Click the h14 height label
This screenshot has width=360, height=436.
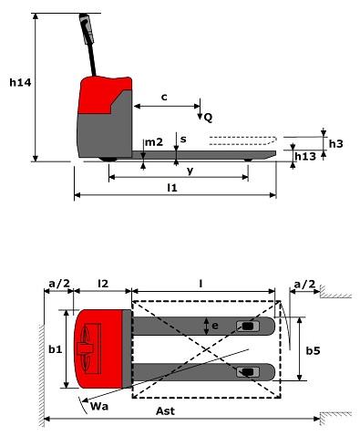click(x=20, y=82)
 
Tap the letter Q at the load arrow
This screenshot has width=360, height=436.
click(x=208, y=118)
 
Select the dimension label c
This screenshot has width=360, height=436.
click(x=164, y=98)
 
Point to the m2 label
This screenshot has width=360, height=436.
click(x=154, y=142)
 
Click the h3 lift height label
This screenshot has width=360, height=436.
click(x=335, y=143)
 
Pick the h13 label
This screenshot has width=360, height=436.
click(x=305, y=156)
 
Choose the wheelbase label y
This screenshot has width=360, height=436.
click(x=190, y=171)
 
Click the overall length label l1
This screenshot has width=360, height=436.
click(x=172, y=188)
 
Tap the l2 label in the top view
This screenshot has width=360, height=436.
click(x=103, y=284)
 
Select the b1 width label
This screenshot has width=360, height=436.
click(x=56, y=349)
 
